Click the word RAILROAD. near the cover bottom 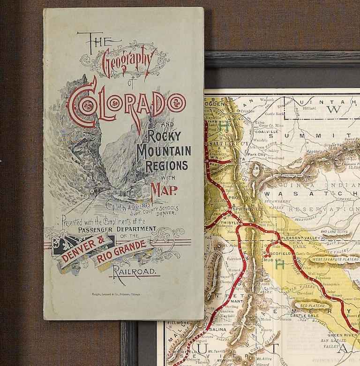click(x=135, y=272)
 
